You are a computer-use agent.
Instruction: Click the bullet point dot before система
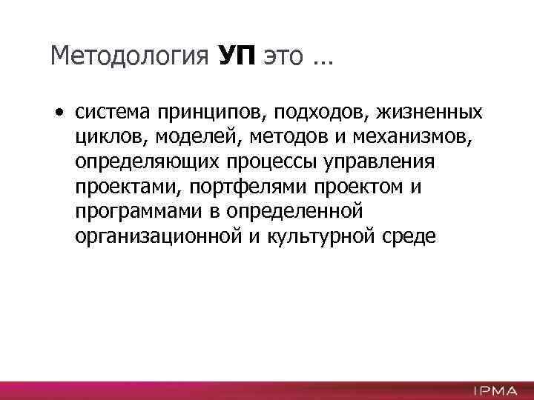[x=58, y=113]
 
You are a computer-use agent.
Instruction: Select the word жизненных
[x=431, y=113]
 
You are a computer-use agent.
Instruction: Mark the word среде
[x=412, y=237]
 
